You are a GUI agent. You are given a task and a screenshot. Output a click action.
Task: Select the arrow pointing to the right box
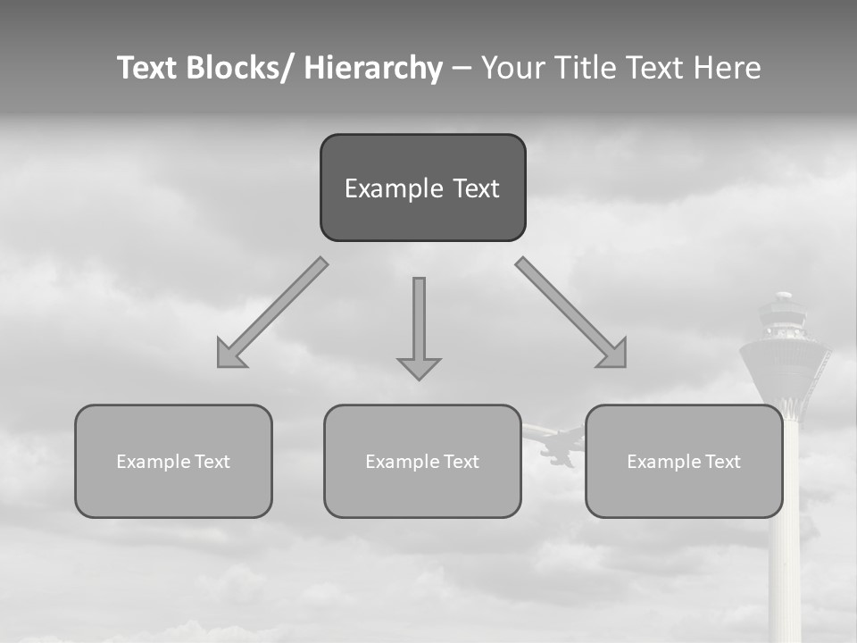tap(571, 313)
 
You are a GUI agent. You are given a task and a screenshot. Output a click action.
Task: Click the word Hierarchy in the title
tap(373, 68)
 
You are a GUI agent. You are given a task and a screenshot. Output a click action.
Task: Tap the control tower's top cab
tap(783, 317)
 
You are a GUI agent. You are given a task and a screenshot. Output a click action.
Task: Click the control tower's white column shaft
tap(785, 554)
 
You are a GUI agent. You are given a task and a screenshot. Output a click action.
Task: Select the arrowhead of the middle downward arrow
tap(419, 368)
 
